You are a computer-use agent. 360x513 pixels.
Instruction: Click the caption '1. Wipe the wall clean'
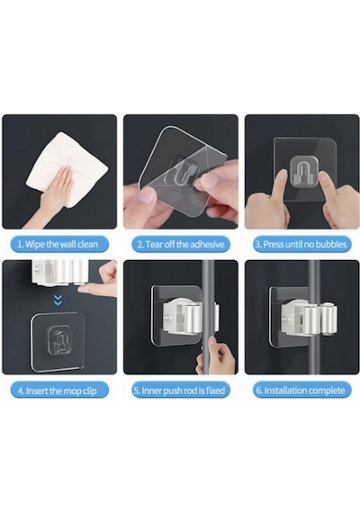click(58, 244)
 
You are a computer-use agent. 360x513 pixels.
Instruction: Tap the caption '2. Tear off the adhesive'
click(181, 245)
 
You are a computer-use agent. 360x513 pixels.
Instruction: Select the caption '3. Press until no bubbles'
click(301, 245)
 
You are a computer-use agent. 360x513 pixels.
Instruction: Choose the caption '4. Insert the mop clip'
click(58, 391)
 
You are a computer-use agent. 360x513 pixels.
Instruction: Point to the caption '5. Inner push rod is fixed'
click(180, 391)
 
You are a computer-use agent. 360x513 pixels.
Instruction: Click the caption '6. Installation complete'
click(301, 391)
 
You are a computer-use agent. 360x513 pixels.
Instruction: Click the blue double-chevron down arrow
click(58, 301)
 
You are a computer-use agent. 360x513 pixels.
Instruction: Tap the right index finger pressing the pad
click(328, 186)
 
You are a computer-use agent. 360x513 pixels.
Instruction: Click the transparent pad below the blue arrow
click(58, 341)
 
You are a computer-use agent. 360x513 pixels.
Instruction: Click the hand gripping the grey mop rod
click(215, 356)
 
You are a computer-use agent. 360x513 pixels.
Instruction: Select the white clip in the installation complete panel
click(310, 319)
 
